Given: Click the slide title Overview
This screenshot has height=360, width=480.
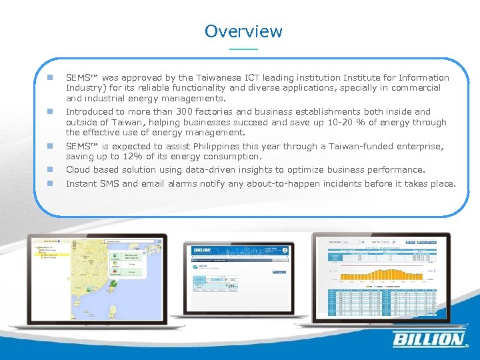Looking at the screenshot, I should (243, 31).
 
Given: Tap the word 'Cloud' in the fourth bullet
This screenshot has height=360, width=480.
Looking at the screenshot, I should (79, 170).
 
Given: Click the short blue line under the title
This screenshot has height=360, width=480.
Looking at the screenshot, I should (243, 49).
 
